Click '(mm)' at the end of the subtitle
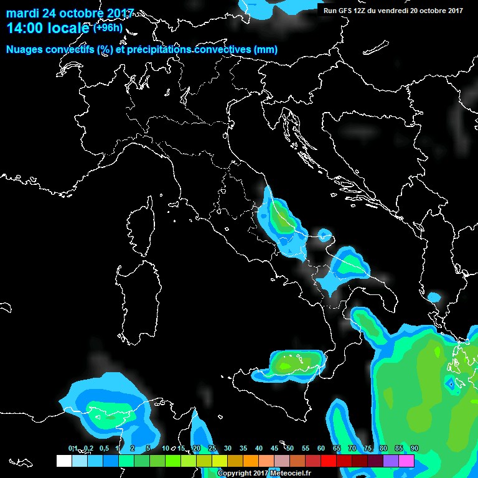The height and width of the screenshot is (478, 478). click(265, 49)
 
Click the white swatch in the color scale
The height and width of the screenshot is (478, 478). click(63, 461)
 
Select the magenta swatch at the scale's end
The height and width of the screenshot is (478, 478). click(406, 461)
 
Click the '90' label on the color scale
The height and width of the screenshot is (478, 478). click(414, 448)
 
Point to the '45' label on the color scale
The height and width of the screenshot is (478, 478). click(274, 448)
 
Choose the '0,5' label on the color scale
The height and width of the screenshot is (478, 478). click(103, 448)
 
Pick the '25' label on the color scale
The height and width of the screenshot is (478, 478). click(212, 448)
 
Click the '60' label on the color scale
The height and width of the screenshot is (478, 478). click(321, 448)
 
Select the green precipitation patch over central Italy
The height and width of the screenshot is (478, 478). click(283, 220)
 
